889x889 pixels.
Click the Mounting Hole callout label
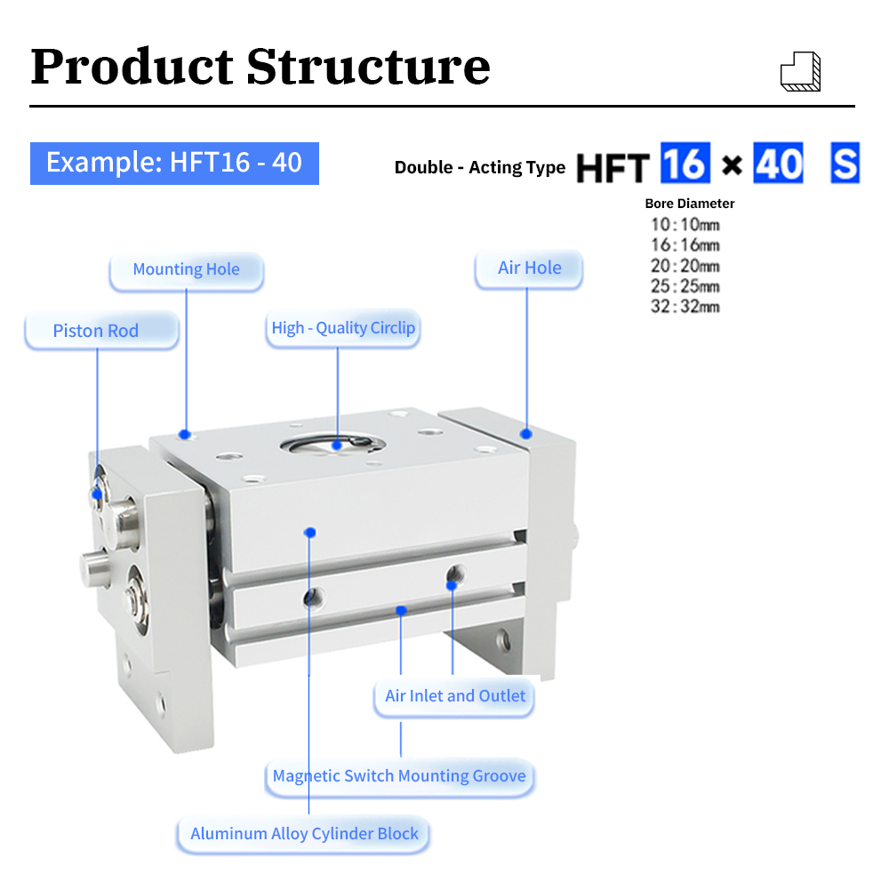point(187,270)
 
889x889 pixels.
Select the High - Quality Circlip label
point(343,328)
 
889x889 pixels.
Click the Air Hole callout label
point(529,268)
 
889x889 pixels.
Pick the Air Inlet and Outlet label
point(454,697)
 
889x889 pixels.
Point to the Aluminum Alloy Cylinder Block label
point(303,835)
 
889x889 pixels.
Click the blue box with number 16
point(685,163)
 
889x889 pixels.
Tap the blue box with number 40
point(778,163)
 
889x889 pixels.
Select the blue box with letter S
point(845,163)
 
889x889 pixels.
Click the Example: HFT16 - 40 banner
point(174,164)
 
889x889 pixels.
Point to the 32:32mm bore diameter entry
point(685,307)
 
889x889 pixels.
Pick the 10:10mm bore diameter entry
point(685,225)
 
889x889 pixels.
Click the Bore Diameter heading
point(690,204)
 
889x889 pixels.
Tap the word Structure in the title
point(369,67)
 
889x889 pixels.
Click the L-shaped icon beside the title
point(801,71)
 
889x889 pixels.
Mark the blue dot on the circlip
point(337,445)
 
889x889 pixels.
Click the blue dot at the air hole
point(526,435)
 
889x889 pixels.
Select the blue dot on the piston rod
point(97,494)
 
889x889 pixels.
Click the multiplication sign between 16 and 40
point(732,165)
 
